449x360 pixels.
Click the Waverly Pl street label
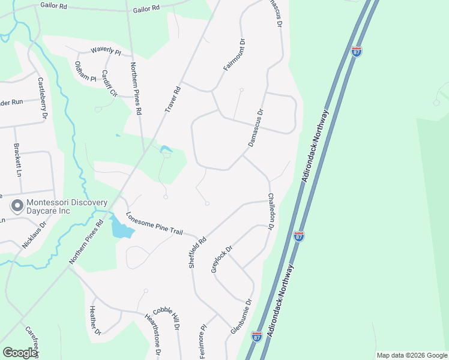[106, 52]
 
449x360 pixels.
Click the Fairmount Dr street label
[235, 55]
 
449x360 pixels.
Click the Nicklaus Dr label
[34, 236]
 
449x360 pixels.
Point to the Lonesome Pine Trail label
[153, 224]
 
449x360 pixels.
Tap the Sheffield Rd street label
[198, 251]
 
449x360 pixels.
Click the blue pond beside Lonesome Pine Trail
[120, 229]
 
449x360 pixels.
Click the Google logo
[20, 353]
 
